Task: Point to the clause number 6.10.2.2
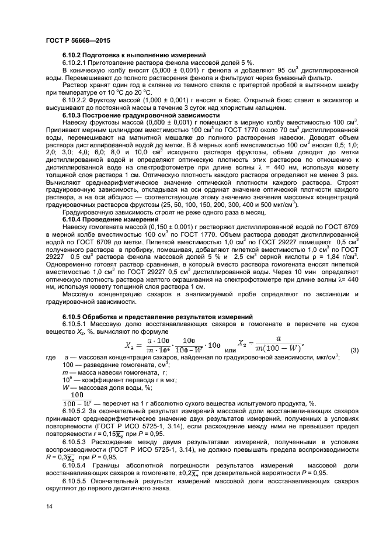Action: click(76, 100)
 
